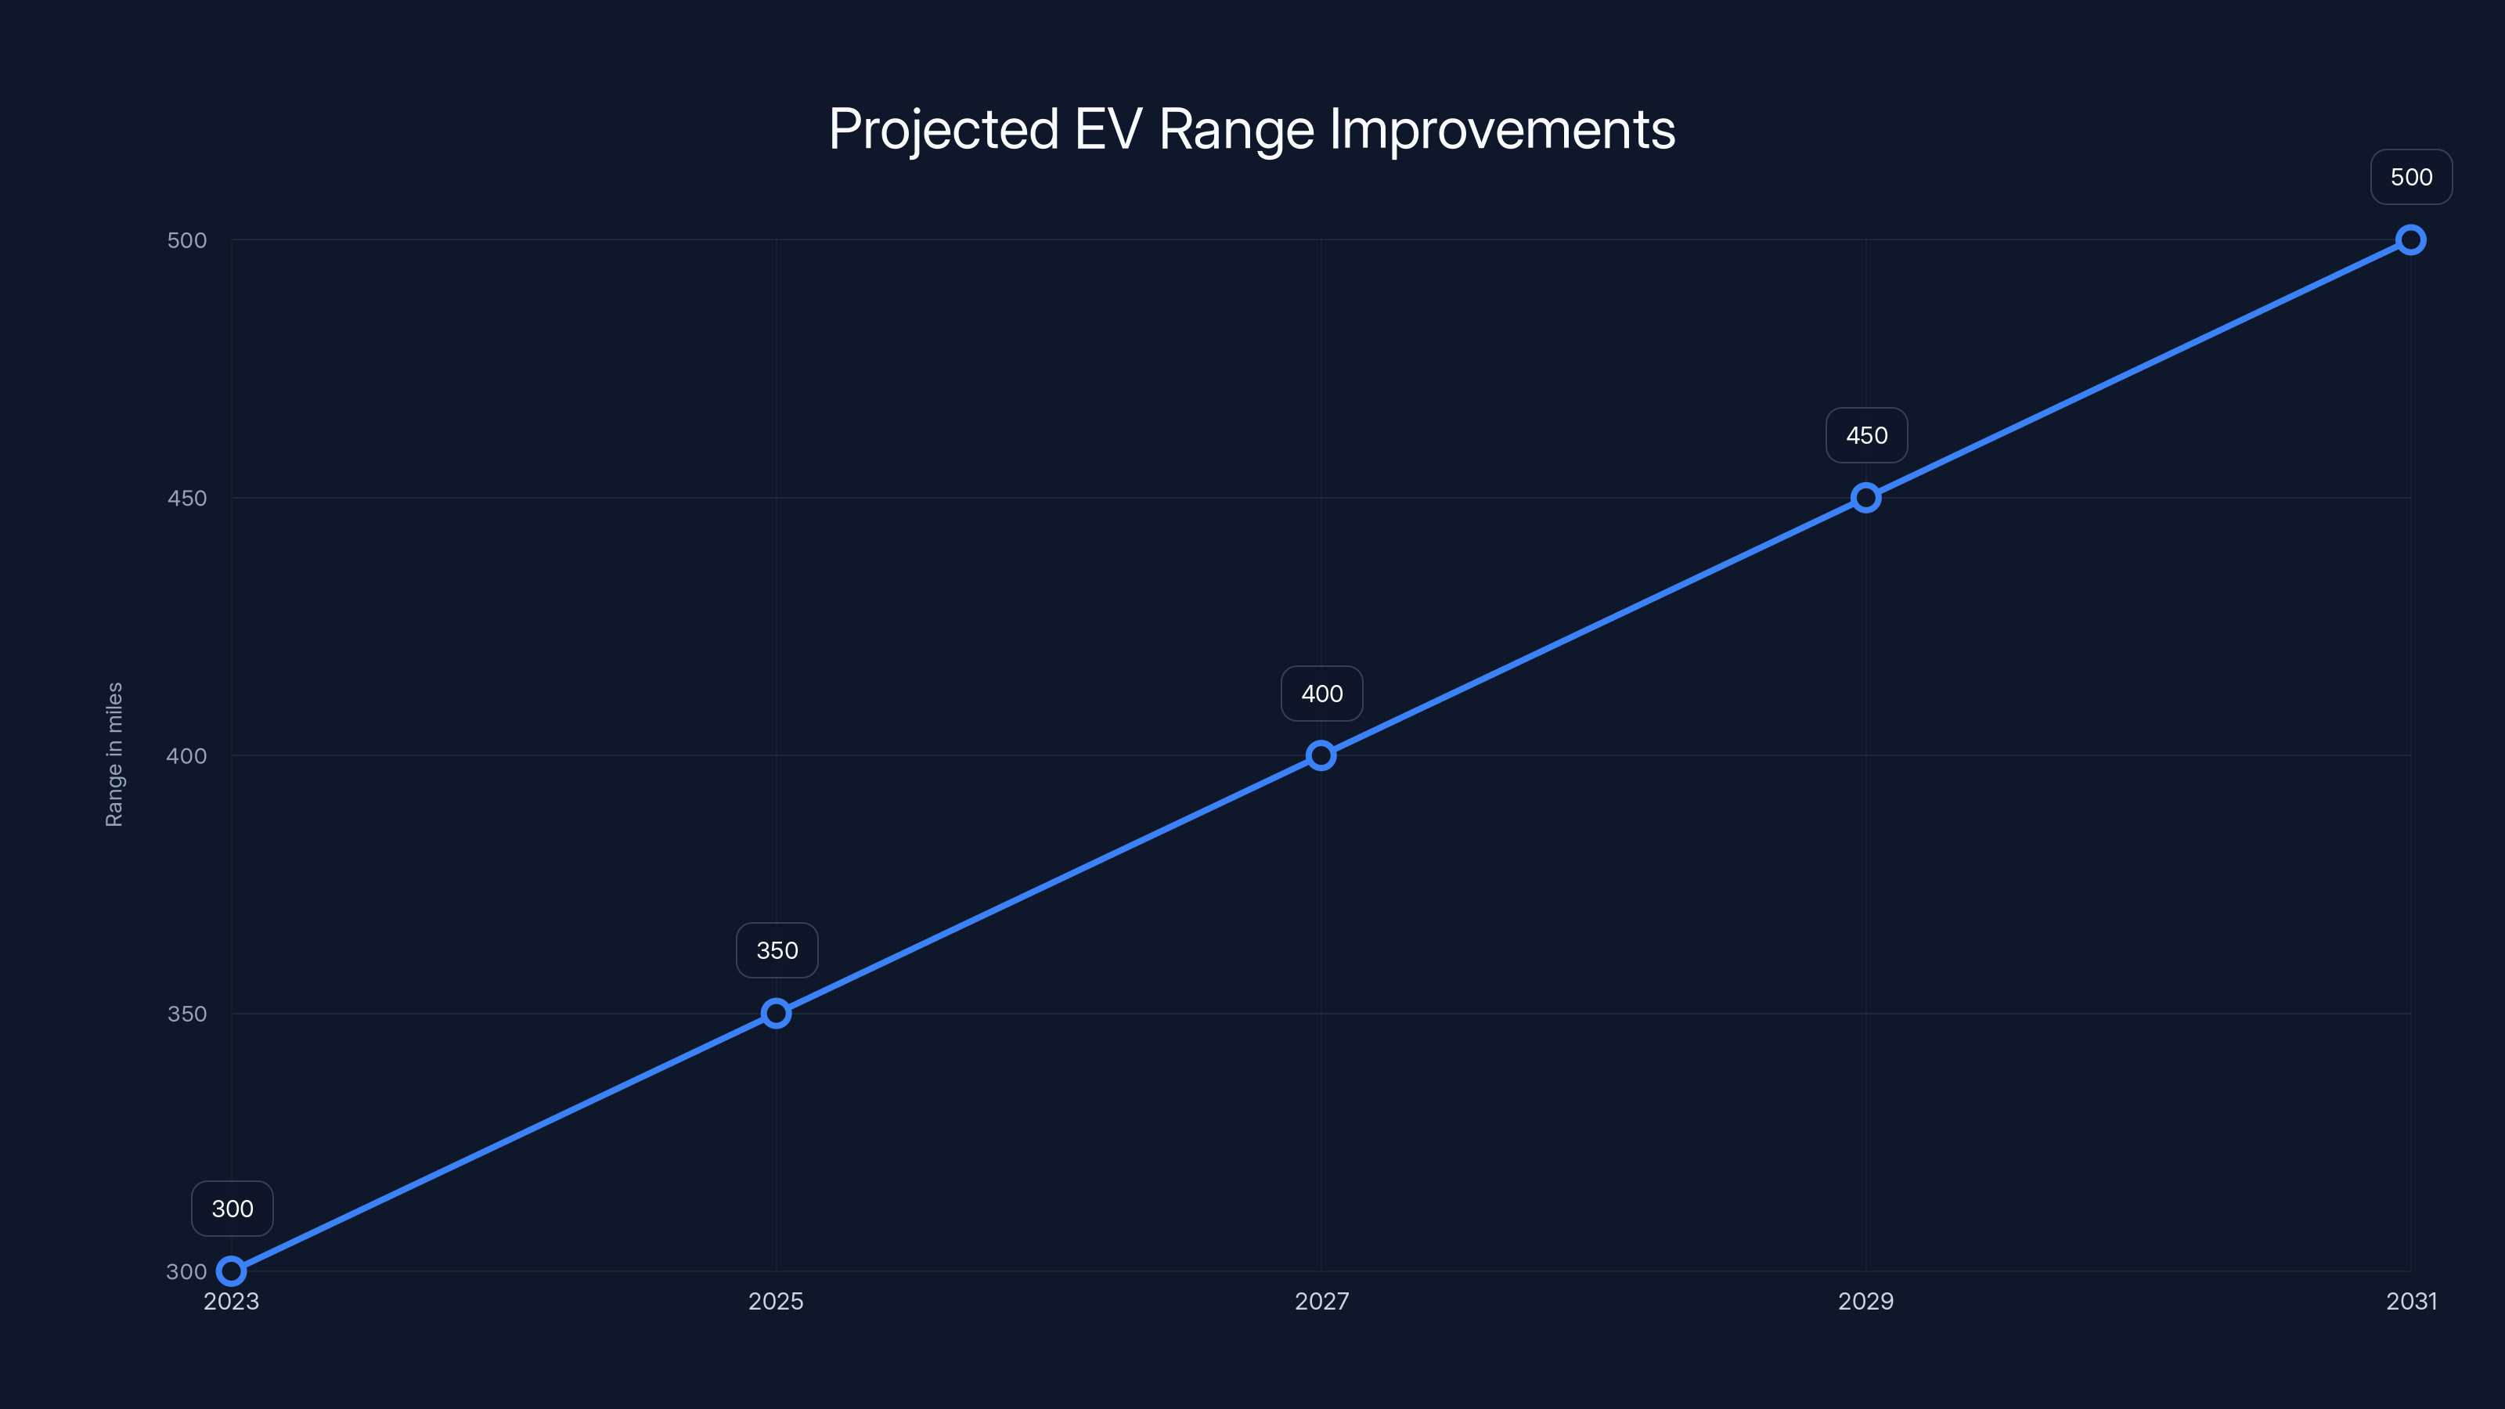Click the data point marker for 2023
tap(232, 1271)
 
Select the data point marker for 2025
tap(776, 1013)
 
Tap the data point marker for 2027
tap(1321, 755)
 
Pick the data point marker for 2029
tap(1865, 498)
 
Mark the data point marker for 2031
tap(2411, 240)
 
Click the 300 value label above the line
tap(232, 1209)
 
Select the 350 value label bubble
tap(777, 950)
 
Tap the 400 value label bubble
tap(1321, 694)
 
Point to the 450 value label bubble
tap(1866, 434)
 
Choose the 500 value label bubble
tap(2411, 177)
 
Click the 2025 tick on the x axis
tap(776, 1301)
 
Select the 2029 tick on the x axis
tap(1865, 1301)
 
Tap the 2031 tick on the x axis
tap(2411, 1301)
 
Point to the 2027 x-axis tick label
tap(1321, 1301)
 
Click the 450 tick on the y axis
tap(187, 498)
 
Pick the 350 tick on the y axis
tap(187, 1013)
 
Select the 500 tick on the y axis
tap(187, 240)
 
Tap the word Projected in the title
tap(943, 129)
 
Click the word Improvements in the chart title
tap(1501, 129)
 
